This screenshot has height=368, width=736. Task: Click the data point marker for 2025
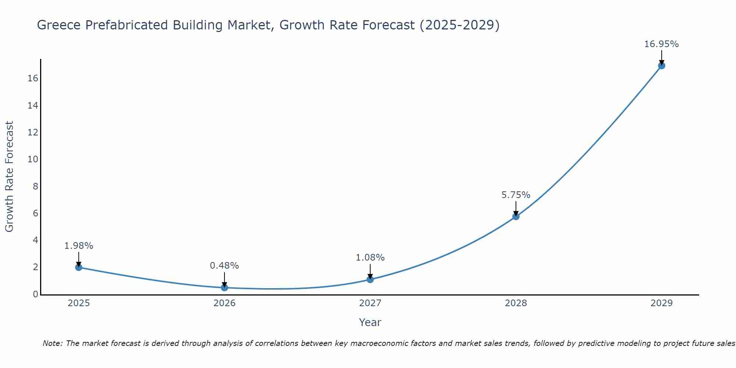79,267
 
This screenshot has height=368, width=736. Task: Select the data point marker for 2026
224,287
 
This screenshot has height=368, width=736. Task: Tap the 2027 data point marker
370,279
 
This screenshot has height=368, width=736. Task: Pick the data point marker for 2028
516,216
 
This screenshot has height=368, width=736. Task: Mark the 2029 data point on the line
661,66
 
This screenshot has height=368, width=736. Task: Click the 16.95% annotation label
661,44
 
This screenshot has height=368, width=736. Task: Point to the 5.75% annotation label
516,195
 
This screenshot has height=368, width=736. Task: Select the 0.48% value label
224,266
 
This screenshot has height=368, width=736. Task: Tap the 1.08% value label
370,258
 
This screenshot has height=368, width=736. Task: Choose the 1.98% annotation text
79,246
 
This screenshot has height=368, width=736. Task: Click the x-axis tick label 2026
224,303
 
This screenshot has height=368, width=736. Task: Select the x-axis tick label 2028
516,303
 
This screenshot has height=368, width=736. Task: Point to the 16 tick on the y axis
33,78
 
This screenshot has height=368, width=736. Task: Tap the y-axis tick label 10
33,159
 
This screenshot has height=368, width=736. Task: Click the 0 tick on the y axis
35,294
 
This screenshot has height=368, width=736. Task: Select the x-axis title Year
370,322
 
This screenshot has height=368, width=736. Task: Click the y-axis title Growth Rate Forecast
10,177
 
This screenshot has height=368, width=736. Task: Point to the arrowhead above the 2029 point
661,63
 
